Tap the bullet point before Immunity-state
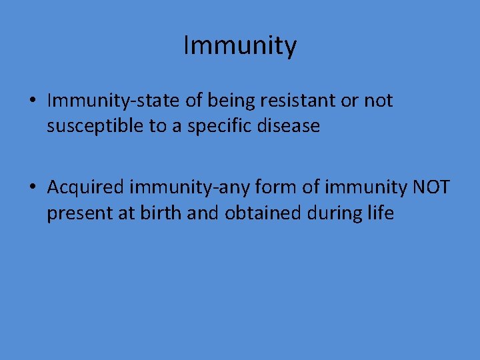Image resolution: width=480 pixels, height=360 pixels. [33, 101]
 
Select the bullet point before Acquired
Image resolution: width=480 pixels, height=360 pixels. [33, 189]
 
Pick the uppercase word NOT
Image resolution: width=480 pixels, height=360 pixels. [431, 189]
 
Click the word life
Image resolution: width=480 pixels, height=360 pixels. [380, 214]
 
